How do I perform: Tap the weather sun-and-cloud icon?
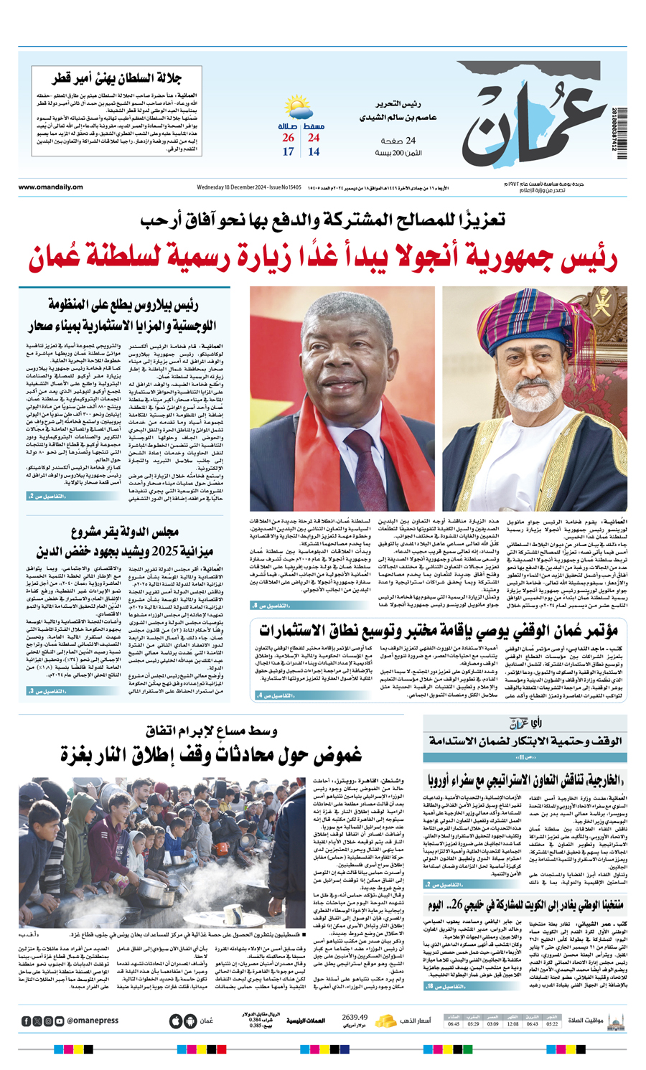[296, 108]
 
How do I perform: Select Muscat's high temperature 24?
[314, 138]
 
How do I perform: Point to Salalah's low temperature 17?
[288, 151]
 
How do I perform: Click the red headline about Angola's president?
[323, 260]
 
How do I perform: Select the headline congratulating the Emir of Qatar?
[116, 78]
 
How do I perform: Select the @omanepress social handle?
[93, 1020]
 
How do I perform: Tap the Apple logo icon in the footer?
[175, 1020]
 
